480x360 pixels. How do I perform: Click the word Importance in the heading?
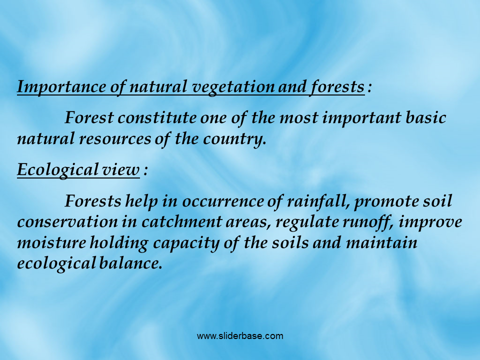[x=61, y=87]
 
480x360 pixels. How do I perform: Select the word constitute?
[x=157, y=118]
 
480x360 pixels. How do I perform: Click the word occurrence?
[x=223, y=201]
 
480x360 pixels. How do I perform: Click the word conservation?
[x=67, y=222]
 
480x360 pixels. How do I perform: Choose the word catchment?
[x=181, y=222]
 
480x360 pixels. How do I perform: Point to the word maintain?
[x=381, y=243]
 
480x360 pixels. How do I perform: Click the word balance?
[x=130, y=263]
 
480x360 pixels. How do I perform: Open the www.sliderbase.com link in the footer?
[x=240, y=336]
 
